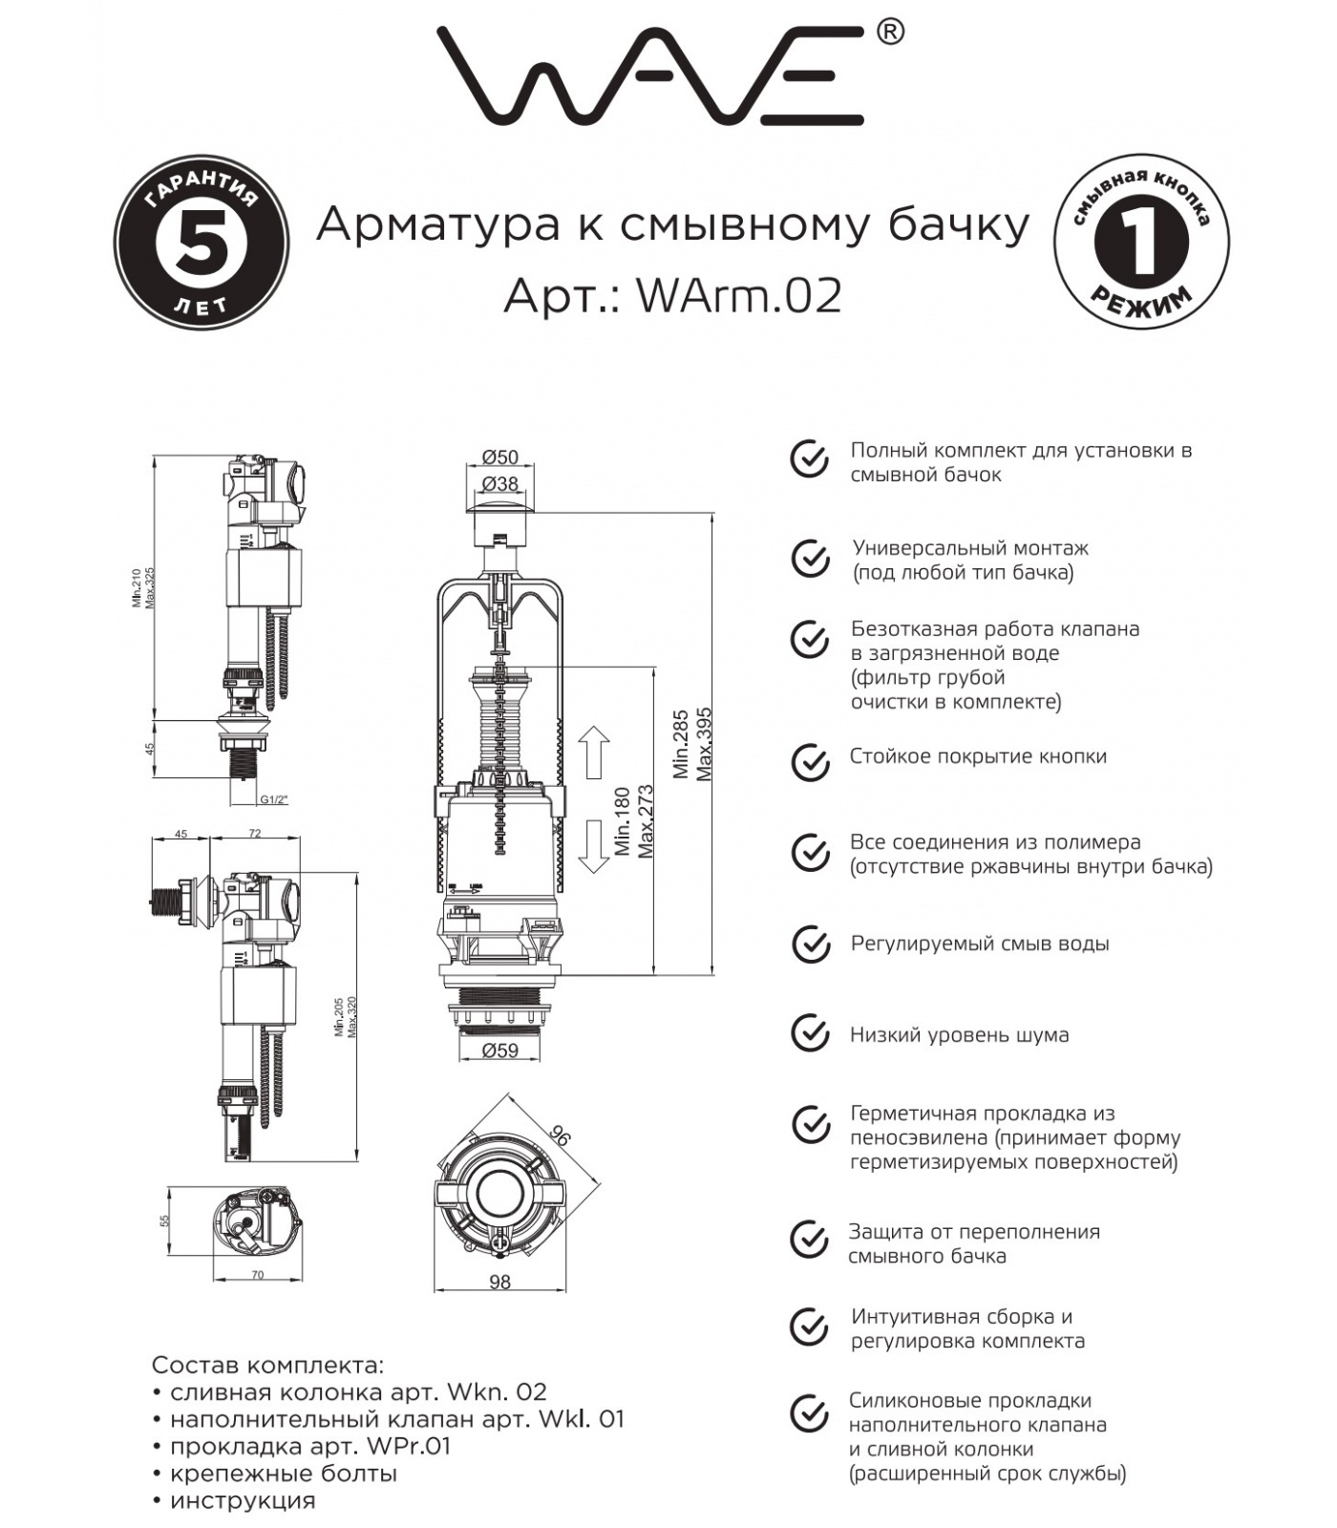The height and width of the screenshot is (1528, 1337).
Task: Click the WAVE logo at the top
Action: point(649,76)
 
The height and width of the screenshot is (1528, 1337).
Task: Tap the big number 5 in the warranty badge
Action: point(202,243)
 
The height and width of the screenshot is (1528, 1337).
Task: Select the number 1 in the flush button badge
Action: point(1141,243)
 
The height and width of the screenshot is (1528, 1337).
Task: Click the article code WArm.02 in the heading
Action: point(739,296)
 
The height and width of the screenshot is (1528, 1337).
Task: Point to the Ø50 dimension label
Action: point(500,457)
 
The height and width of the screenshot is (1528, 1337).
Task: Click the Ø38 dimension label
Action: point(500,483)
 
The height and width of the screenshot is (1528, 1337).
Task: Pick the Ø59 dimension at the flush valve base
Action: point(500,1050)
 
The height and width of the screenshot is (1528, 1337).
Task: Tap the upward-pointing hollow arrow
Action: point(594,751)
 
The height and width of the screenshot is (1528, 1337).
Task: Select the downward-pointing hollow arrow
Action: point(594,846)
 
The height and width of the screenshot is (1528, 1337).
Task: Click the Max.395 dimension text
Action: point(705,745)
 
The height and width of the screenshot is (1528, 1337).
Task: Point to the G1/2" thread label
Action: point(274,799)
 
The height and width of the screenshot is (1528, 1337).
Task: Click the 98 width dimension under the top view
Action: point(499,1282)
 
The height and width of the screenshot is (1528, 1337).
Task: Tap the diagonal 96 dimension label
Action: point(560,1135)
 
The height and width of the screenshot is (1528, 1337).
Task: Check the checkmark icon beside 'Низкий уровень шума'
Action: point(810,1033)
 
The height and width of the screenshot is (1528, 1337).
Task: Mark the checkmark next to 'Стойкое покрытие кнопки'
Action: point(810,762)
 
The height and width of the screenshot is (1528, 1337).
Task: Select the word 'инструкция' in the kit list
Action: point(243,1500)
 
